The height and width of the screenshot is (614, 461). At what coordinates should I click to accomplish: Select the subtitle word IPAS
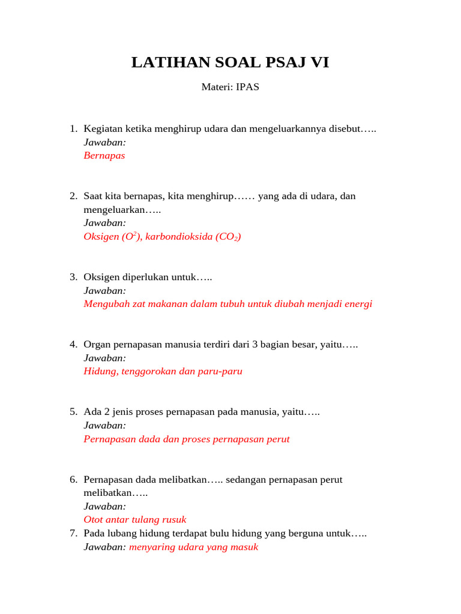coord(247,87)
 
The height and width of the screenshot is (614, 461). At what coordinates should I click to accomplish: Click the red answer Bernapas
coord(104,155)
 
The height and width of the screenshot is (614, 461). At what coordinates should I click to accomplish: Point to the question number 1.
coord(73,129)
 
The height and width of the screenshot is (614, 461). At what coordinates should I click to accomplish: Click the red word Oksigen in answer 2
coord(101,236)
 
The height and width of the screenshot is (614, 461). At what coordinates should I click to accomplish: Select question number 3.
coord(73,277)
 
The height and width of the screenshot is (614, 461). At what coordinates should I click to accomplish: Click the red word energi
coord(357,304)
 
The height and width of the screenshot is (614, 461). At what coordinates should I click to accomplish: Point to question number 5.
coord(73,412)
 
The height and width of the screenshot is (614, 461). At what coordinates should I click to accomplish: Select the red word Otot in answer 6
coord(94,520)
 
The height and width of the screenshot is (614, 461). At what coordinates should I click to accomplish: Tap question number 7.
coord(73,533)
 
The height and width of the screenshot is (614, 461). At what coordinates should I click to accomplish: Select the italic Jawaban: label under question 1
coord(104,142)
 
